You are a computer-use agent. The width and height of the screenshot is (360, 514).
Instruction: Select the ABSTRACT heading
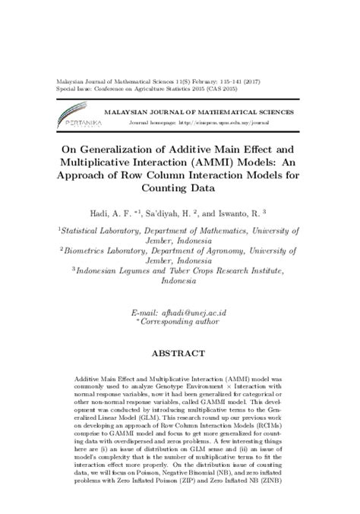(179, 353)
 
